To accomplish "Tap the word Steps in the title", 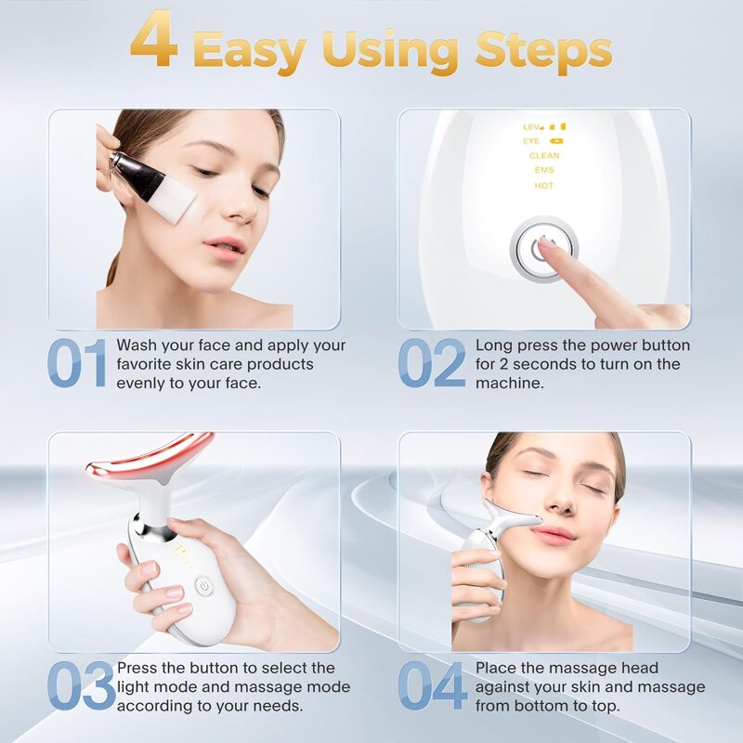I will pyautogui.click(x=543, y=51).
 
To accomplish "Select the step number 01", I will pyautogui.click(x=78, y=364).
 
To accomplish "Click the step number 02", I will pyautogui.click(x=432, y=364).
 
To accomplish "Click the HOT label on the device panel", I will pyautogui.click(x=543, y=186).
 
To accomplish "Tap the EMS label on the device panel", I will pyautogui.click(x=543, y=171).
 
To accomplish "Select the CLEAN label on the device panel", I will pyautogui.click(x=543, y=156).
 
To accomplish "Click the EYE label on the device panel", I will pyautogui.click(x=531, y=141).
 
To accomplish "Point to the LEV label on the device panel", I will pyautogui.click(x=532, y=126).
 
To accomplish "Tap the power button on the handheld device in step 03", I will pyautogui.click(x=202, y=586).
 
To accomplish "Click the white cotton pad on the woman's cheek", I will pyautogui.click(x=172, y=204).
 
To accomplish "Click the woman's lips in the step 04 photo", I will pyautogui.click(x=552, y=533).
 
